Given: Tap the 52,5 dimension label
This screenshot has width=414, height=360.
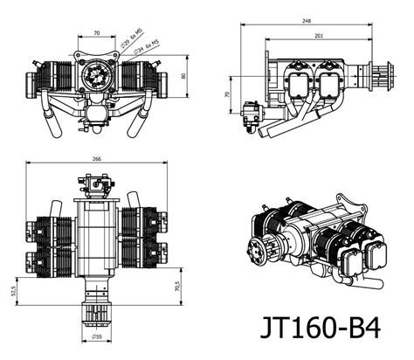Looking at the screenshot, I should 13,290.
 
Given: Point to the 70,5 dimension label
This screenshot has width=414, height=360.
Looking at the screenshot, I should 176,285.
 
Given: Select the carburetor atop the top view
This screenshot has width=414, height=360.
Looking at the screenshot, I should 95,185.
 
